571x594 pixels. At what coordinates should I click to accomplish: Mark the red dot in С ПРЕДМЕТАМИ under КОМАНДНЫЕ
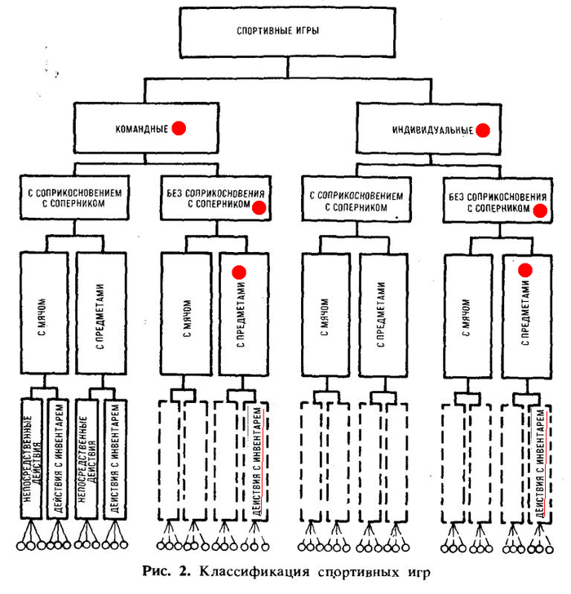239,272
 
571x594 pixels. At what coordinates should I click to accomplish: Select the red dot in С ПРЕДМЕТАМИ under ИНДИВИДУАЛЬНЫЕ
525,268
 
